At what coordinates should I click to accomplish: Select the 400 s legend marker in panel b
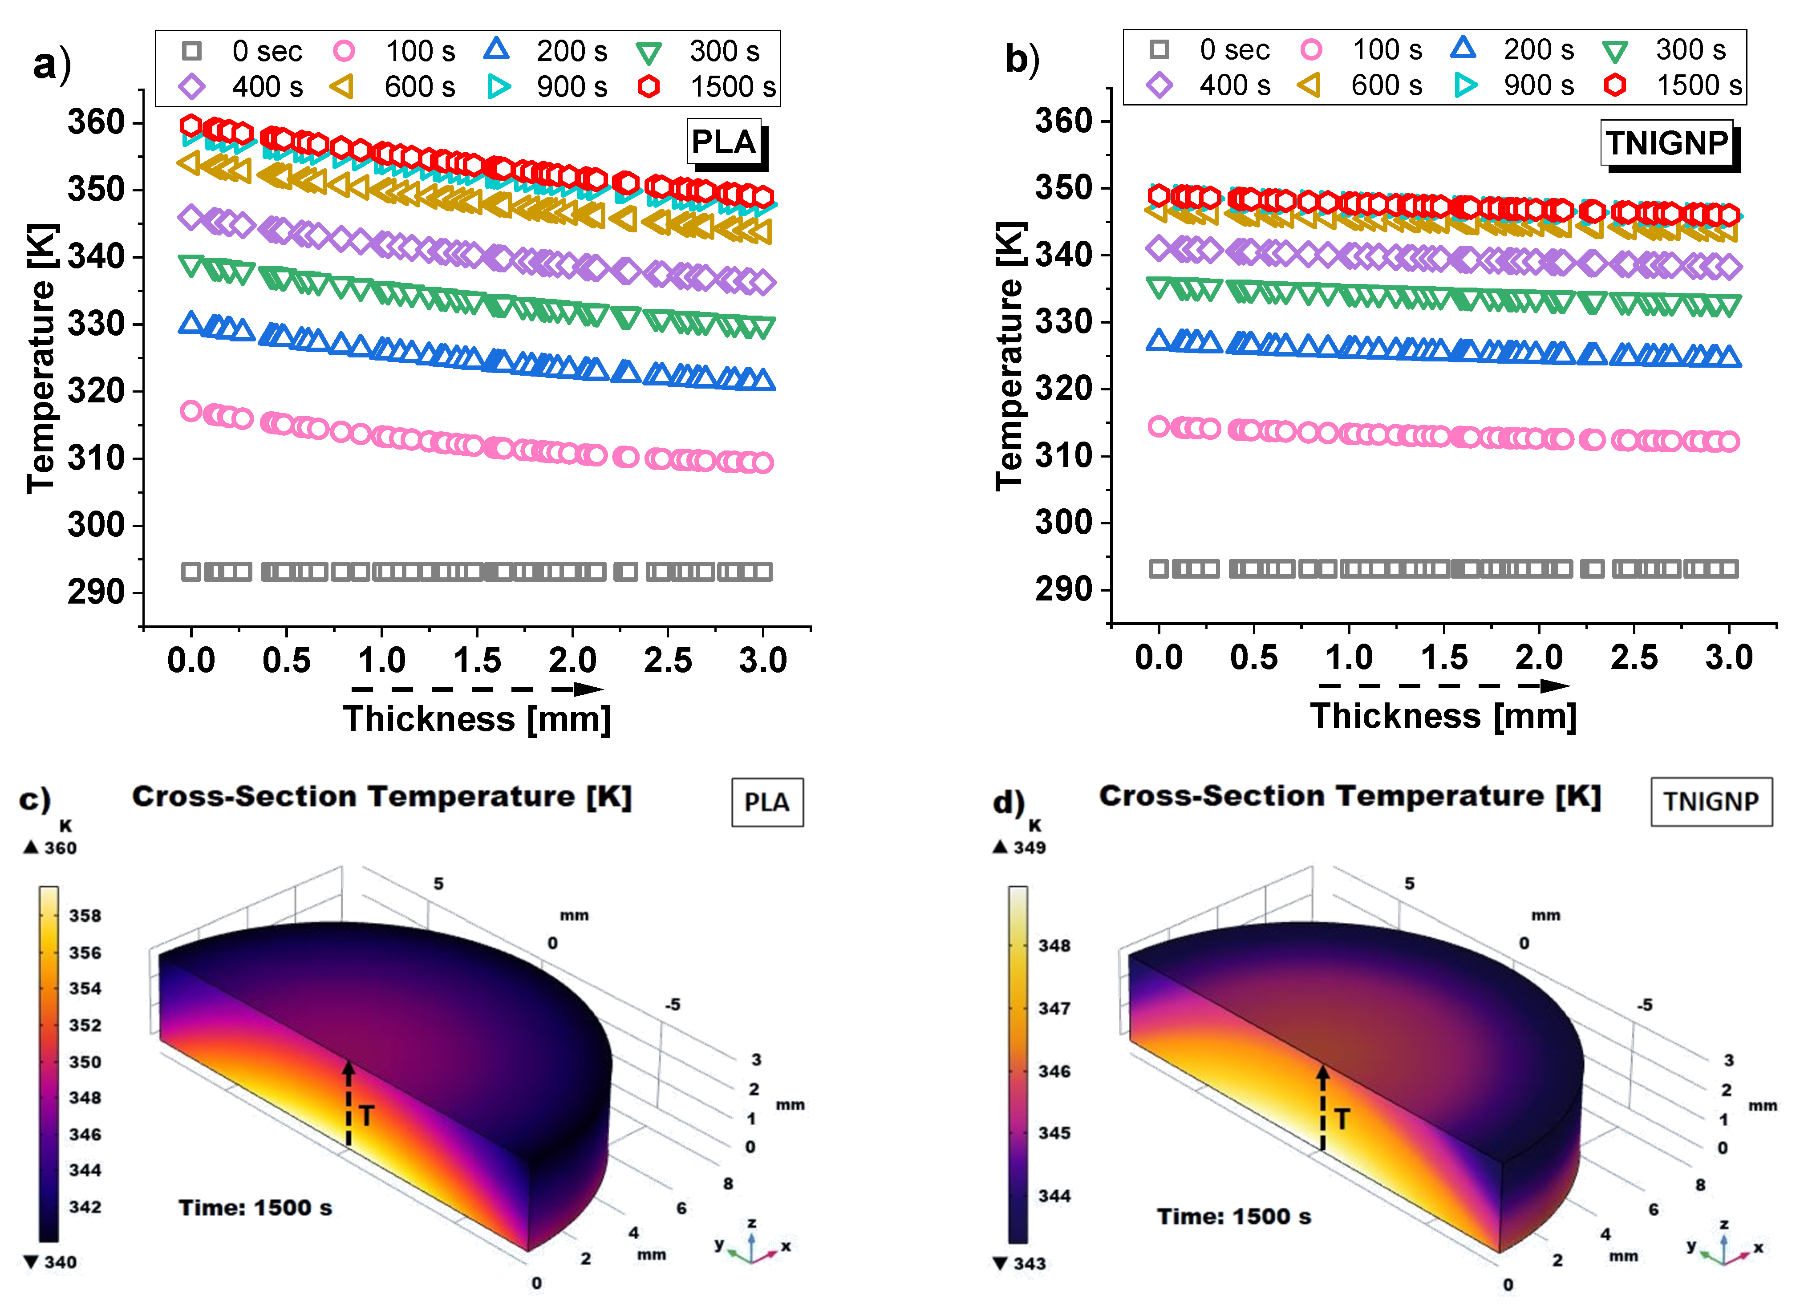click(1160, 85)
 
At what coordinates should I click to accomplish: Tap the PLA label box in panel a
click(724, 142)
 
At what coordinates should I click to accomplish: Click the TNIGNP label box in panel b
click(1666, 143)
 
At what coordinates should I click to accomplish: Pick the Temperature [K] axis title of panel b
click(1009, 356)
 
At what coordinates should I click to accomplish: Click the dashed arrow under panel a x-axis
click(477, 689)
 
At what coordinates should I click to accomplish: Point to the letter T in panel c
click(366, 1116)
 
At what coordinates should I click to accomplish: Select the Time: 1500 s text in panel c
click(255, 1208)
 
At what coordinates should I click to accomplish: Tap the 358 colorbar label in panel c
click(85, 916)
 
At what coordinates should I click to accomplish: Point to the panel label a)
click(52, 64)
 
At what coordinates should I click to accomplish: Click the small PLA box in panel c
click(767, 803)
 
